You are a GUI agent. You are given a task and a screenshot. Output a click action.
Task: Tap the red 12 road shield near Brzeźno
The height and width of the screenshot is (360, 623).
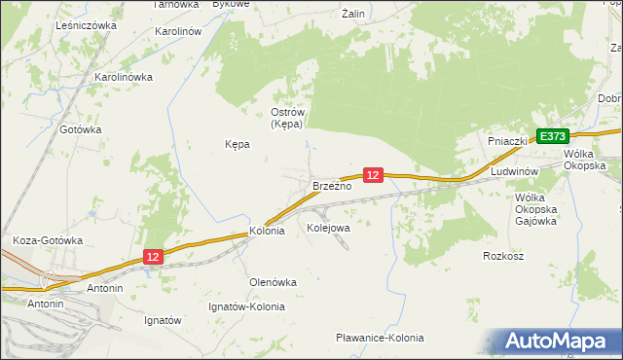[x=374, y=174]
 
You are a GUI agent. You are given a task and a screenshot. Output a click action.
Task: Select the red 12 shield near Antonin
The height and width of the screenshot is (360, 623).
[x=152, y=256]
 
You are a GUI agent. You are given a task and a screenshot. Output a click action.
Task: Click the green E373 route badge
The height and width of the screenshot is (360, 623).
[x=551, y=137]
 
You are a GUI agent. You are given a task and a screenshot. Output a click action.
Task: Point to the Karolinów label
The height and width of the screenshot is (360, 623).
[x=178, y=31]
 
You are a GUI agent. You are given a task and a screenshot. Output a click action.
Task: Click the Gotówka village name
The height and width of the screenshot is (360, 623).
[x=81, y=129]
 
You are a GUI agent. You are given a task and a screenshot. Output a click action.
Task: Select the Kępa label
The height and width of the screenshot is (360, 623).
[x=238, y=144]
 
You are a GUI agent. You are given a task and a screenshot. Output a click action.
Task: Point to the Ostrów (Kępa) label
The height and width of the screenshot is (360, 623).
[x=288, y=118]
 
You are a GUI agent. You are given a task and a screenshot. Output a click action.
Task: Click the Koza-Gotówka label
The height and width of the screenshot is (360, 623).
[x=48, y=240]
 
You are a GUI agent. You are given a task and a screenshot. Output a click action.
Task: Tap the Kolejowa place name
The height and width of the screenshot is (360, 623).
[x=328, y=228]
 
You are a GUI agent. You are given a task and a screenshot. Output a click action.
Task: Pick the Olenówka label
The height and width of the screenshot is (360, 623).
[x=274, y=282]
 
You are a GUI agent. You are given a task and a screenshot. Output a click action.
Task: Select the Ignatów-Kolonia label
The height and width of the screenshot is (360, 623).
[x=247, y=306]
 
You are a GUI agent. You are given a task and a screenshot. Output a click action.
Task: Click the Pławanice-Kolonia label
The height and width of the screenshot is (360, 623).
[x=380, y=338]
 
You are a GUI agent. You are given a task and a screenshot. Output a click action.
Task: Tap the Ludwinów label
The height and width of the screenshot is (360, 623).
[x=515, y=171]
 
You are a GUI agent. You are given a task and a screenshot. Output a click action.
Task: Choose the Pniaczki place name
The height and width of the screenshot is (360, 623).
[x=507, y=141]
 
